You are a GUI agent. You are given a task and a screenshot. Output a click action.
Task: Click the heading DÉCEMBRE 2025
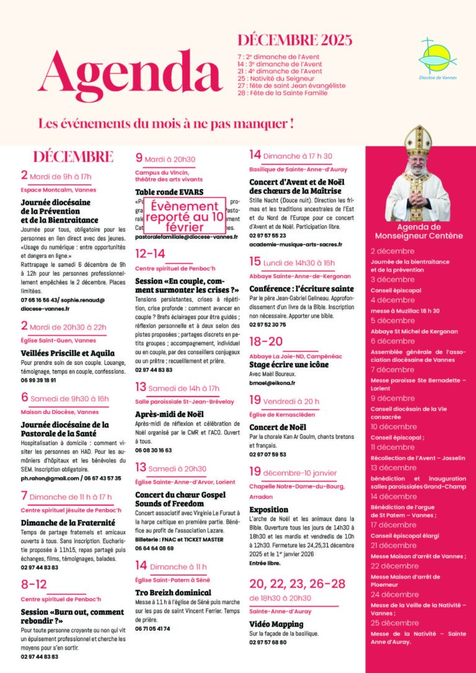(x=294, y=41)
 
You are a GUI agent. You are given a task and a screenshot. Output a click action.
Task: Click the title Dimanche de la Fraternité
(x=65, y=522)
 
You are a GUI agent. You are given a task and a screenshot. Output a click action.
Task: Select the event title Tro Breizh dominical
(x=173, y=592)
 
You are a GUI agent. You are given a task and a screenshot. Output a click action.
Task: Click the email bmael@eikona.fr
(x=272, y=383)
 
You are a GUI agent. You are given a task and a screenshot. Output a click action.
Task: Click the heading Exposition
(x=269, y=509)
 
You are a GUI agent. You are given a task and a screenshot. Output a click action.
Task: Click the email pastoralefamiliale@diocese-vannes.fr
(x=186, y=237)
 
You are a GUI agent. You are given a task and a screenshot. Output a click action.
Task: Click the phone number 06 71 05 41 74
(x=152, y=628)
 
